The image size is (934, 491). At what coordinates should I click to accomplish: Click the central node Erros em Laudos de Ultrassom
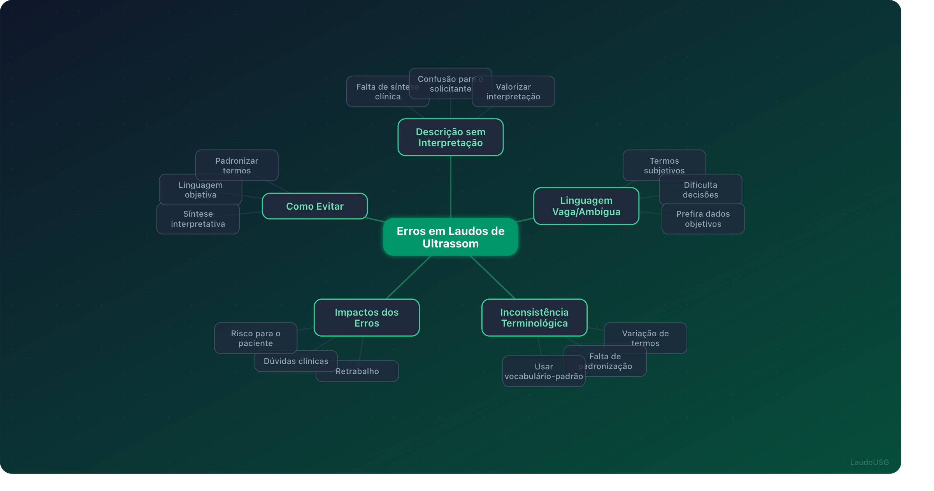pyautogui.click(x=450, y=237)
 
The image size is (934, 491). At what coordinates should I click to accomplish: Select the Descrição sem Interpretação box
pyautogui.click(x=450, y=137)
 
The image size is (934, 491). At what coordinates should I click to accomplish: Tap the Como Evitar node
pyautogui.click(x=314, y=206)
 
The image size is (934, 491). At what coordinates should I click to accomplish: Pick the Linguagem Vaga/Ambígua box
pyautogui.click(x=586, y=206)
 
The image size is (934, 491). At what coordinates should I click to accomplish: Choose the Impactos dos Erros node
pyautogui.click(x=366, y=318)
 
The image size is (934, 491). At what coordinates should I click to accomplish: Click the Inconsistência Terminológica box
pyautogui.click(x=534, y=318)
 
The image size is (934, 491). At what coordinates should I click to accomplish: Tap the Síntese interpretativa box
pyautogui.click(x=198, y=219)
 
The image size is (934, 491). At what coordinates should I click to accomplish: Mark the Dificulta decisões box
pyautogui.click(x=700, y=190)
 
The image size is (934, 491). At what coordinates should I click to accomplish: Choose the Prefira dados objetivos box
pyautogui.click(x=703, y=219)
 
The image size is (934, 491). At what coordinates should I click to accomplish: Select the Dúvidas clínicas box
pyautogui.click(x=296, y=361)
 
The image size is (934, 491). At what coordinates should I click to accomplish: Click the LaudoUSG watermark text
pyautogui.click(x=869, y=462)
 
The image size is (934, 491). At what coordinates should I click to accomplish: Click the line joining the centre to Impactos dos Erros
pyautogui.click(x=409, y=277)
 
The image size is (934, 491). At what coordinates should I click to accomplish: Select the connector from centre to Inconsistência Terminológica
pyautogui.click(x=493, y=277)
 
